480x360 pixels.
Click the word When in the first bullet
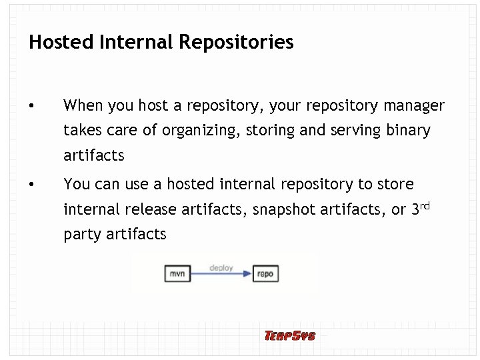82,106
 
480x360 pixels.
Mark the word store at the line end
395,184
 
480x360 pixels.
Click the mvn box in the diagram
177,273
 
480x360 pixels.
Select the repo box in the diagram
265,273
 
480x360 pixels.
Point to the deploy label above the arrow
221,267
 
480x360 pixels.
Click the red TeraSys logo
289,335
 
